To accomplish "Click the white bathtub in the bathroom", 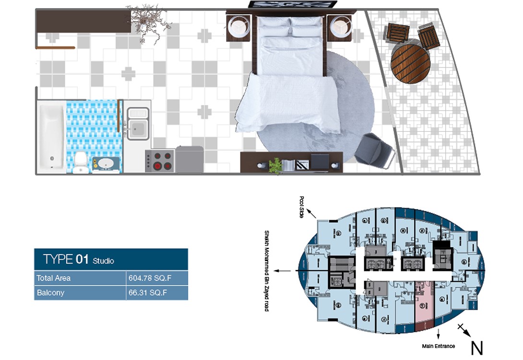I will point(52,137).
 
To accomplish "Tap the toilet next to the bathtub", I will point(81,162).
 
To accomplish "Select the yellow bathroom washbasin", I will point(106,163).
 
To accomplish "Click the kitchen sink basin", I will point(138,128).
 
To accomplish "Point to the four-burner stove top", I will point(159,161).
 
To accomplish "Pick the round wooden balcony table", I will point(410,64).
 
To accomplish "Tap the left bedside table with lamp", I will point(239,28).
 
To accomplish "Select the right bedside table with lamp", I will point(340,27).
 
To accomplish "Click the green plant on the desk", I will point(275,165).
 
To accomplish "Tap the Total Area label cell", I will point(53,278).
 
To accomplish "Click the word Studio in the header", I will point(103,261).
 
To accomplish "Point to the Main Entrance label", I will point(439,346).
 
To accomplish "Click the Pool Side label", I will point(302,207).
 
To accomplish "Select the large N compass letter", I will point(476,348).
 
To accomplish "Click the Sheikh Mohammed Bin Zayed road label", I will point(267,271).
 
